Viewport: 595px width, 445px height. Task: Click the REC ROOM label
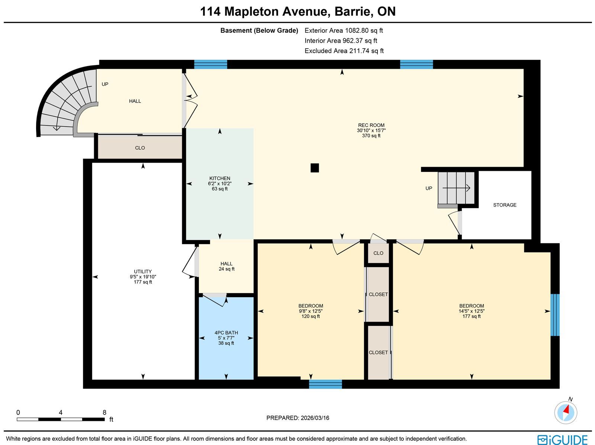point(371,125)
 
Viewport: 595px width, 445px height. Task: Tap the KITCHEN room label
point(219,178)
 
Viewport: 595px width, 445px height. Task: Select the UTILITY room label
point(143,272)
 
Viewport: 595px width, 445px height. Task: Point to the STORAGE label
point(505,205)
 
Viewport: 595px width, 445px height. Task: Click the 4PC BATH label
point(226,333)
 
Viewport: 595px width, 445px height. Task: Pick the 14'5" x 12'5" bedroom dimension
point(472,311)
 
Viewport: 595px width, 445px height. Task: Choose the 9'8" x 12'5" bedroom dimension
point(311,311)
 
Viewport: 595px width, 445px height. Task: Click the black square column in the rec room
point(315,168)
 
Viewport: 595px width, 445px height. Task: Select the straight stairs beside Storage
point(456,188)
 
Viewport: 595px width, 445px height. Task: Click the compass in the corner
point(566,413)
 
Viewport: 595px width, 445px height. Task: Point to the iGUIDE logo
point(563,439)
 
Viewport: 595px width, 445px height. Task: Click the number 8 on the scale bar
point(104,412)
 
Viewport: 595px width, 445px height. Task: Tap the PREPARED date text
point(297,418)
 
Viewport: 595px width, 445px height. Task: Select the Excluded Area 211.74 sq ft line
point(344,51)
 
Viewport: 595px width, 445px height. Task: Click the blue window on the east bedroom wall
point(555,315)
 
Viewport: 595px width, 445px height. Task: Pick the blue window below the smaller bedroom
point(325,384)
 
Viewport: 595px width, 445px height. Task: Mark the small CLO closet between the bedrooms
point(378,253)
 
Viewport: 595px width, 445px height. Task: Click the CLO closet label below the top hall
point(140,148)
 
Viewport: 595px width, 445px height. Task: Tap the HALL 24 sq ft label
point(226,266)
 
